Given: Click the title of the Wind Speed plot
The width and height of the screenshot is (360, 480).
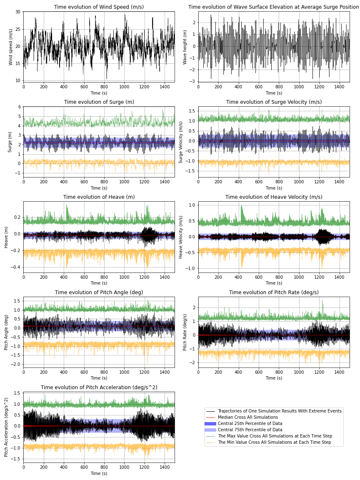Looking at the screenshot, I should [x=99, y=7].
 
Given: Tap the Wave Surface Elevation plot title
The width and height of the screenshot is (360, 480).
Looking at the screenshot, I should [x=274, y=7].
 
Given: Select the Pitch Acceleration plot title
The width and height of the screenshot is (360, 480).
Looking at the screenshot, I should [x=99, y=387].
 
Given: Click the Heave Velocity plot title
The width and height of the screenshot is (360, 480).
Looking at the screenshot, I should [x=274, y=197].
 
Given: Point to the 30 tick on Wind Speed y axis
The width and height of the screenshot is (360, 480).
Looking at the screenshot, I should [x=17, y=12].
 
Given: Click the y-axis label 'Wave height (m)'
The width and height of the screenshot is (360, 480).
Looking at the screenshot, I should [x=185, y=47].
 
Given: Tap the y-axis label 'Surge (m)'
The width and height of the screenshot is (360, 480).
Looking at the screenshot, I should [x=10, y=142].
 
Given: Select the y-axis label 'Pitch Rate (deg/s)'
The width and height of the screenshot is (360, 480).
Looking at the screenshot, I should [x=185, y=332].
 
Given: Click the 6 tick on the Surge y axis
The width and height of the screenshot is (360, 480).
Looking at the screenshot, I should [x=20, y=107].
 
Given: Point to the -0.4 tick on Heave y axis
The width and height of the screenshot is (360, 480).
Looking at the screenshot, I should [x=16, y=267].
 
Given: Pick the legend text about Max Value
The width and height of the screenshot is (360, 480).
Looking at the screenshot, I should [x=275, y=436].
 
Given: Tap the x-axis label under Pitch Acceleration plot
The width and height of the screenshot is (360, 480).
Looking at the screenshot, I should [x=99, y=473].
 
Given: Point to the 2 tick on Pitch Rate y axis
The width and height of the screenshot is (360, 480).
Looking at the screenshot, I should [x=195, y=307].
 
